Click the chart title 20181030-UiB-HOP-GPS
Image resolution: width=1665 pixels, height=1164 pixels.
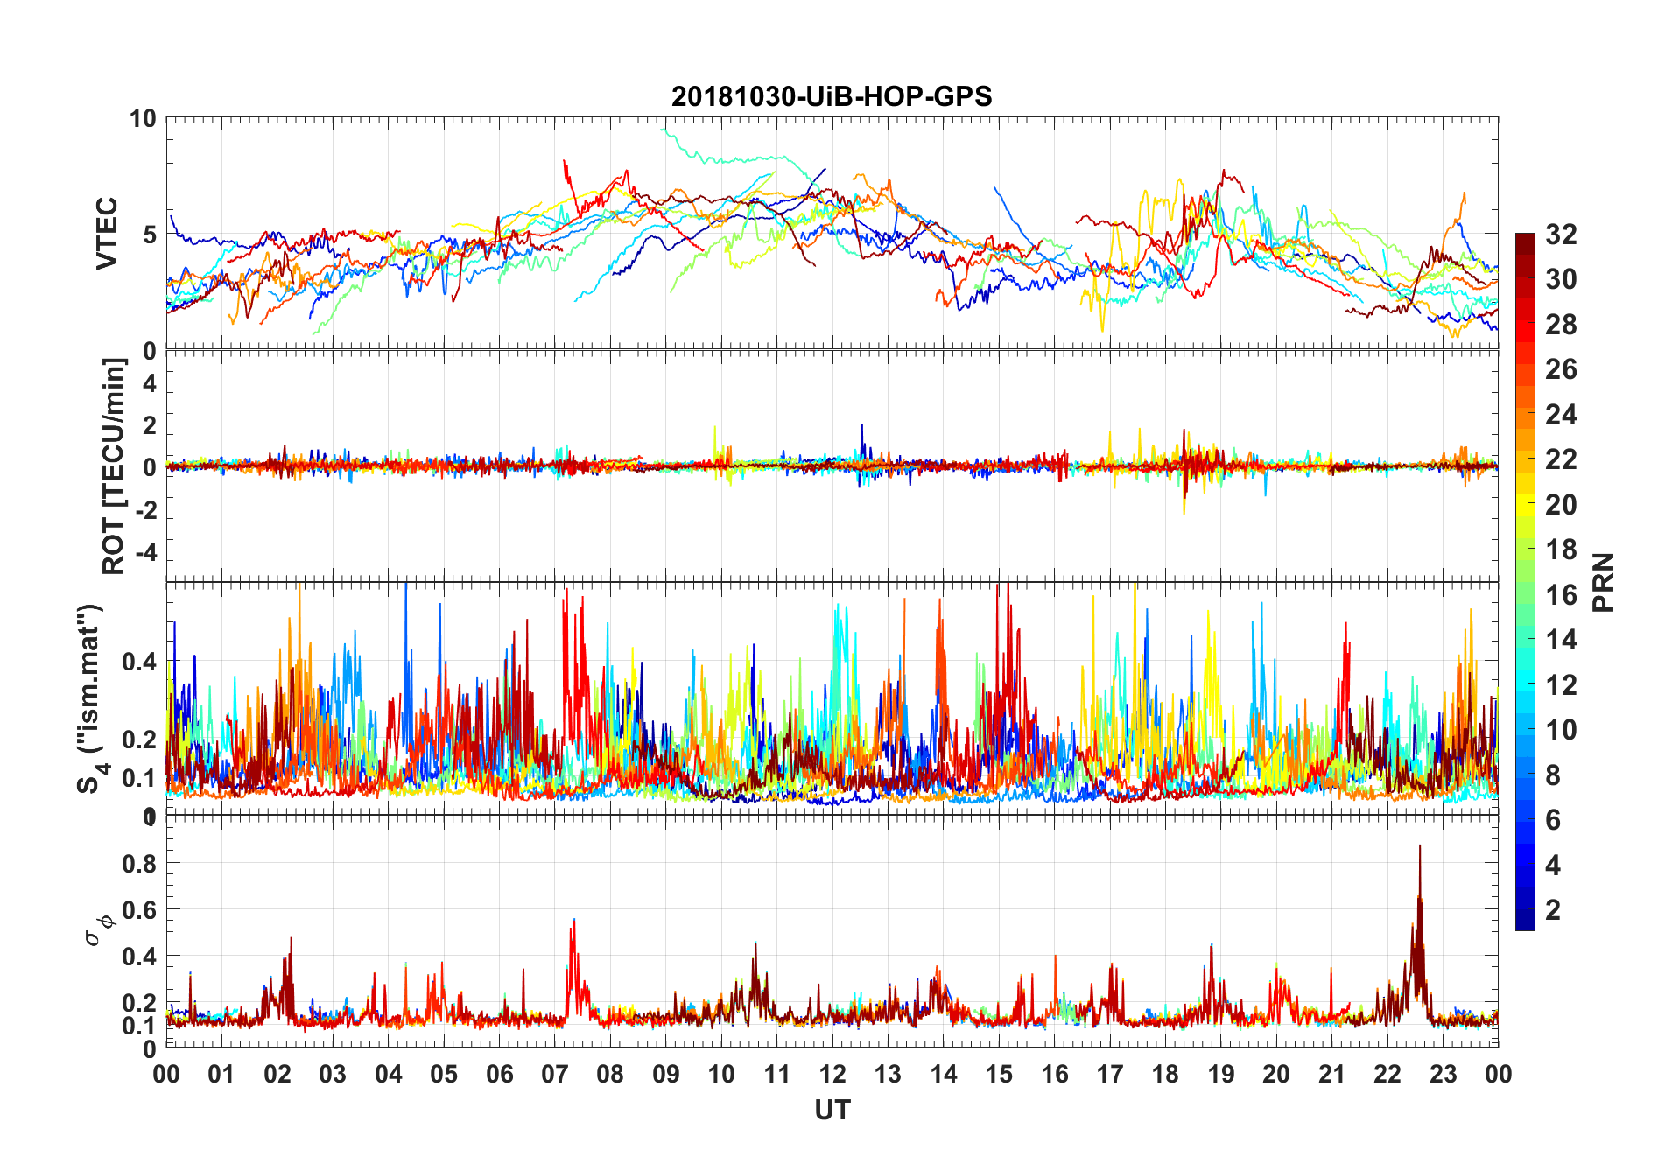tap(832, 96)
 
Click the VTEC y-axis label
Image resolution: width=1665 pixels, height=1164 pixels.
tap(107, 234)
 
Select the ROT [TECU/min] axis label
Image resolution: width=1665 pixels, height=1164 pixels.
tap(114, 466)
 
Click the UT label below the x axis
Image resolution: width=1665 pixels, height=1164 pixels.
tap(832, 1111)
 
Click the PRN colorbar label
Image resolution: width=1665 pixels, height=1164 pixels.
tap(1603, 582)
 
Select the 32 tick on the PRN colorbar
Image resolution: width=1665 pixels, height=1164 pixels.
tap(1561, 235)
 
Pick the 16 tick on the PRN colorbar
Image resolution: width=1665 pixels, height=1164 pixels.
tap(1561, 595)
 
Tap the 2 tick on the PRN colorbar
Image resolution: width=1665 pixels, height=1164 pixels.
tap(1553, 910)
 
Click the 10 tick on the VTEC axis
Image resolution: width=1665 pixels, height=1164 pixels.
tap(143, 118)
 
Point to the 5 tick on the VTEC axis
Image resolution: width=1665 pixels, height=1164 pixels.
tap(150, 235)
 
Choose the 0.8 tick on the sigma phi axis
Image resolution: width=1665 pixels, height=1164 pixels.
tap(139, 863)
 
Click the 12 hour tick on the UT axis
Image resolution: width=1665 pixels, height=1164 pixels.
tap(832, 1074)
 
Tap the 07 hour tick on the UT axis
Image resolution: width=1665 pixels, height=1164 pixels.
tap(555, 1074)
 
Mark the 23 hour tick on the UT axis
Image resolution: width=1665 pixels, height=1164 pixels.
tap(1443, 1074)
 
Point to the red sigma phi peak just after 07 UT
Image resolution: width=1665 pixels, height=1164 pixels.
tap(573, 921)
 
